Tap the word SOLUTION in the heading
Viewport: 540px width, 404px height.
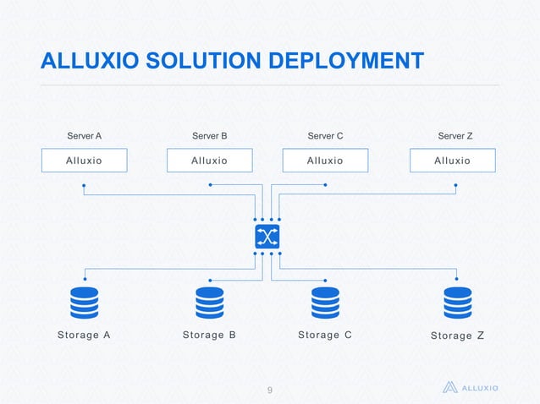tap(200, 61)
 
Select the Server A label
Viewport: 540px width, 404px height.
tap(84, 135)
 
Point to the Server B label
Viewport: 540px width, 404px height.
tap(209, 135)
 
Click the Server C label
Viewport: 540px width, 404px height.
tap(325, 135)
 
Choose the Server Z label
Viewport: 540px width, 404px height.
tap(455, 135)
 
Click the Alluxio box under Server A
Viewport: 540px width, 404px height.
tap(85, 161)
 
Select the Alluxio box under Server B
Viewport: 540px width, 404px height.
tap(209, 161)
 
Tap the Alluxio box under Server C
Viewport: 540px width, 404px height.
tap(325, 161)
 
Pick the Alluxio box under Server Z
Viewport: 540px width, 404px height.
tap(452, 161)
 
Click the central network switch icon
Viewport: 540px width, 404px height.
tap(267, 237)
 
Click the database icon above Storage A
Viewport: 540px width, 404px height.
tap(84, 303)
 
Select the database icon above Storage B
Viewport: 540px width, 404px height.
tap(209, 303)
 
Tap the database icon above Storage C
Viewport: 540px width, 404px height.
tap(325, 303)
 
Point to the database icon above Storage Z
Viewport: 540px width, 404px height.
tap(457, 303)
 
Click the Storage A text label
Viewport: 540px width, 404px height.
tap(84, 335)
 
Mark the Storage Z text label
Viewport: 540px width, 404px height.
tap(457, 336)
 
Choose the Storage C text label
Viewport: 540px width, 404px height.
tap(325, 335)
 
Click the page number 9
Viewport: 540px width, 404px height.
tap(269, 390)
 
